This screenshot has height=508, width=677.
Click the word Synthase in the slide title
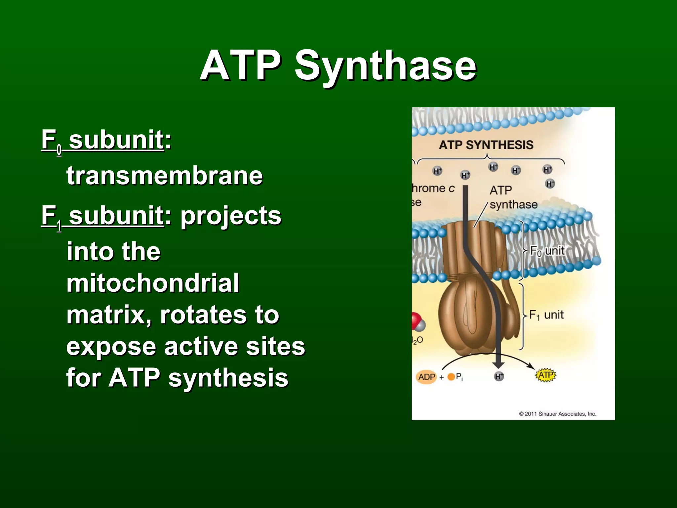coord(385,66)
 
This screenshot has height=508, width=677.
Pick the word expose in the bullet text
coord(111,347)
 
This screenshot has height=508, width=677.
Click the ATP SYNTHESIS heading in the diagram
coord(486,145)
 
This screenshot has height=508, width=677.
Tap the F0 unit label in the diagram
coord(547,251)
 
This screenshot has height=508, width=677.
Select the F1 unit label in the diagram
coord(546,315)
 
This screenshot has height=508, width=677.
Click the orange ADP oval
coord(426,377)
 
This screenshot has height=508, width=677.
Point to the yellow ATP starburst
coord(545,375)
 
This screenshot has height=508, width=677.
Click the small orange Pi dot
coord(451,377)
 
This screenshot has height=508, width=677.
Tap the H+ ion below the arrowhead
coord(499,376)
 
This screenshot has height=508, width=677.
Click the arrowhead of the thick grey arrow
coord(498,364)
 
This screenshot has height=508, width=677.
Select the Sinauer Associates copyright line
coord(558,414)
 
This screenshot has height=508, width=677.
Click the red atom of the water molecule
coord(415,320)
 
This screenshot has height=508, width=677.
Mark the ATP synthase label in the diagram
coord(513,197)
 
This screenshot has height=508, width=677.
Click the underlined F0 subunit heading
coord(102,140)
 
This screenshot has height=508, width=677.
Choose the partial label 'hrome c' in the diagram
coord(433,189)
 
